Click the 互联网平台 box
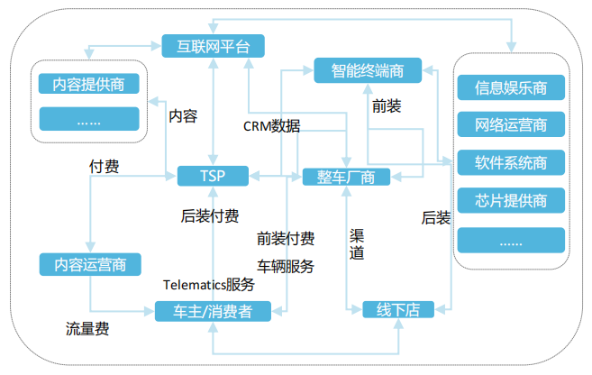(213, 44)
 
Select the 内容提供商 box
(88, 85)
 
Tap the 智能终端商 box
(368, 69)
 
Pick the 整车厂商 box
(346, 176)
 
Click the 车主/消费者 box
(213, 311)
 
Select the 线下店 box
(397, 310)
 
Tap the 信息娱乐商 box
(511, 87)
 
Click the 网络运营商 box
(511, 124)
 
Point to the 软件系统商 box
(511, 162)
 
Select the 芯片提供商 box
(511, 200)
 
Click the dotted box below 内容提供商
(88, 119)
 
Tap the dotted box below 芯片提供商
(511, 240)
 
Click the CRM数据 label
(271, 125)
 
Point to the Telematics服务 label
(208, 284)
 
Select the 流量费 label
(87, 329)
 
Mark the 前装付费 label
(285, 239)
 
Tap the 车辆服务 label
(285, 266)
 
